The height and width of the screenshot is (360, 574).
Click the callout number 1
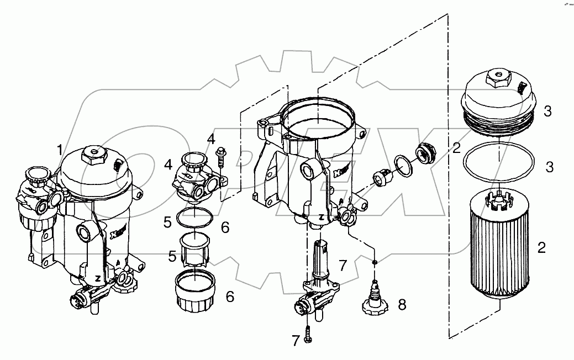[59, 149]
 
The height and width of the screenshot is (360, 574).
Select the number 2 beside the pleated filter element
[541, 247]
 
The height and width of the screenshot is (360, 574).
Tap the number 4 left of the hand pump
[167, 164]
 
